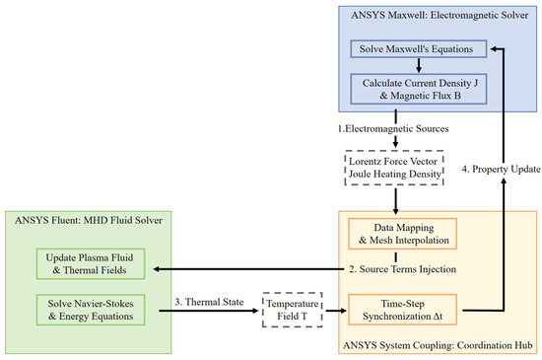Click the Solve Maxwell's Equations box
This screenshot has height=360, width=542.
[418, 48]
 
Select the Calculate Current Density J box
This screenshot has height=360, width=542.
[418, 89]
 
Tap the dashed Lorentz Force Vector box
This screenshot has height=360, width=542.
[394, 168]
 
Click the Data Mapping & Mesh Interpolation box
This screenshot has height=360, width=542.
[402, 234]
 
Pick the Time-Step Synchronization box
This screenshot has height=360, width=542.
[402, 310]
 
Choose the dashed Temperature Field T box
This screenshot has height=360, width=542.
[293, 310]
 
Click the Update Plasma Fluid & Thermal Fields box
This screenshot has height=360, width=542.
[91, 264]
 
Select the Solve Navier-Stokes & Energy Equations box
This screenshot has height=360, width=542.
[91, 310]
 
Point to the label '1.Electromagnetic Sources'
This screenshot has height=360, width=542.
[393, 128]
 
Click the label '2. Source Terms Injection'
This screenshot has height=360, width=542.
[402, 269]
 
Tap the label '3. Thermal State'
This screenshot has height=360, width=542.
[209, 302]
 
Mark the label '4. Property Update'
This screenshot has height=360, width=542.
[502, 169]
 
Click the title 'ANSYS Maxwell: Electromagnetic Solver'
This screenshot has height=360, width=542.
[440, 15]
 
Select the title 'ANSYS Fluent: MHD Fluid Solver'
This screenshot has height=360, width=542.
[89, 220]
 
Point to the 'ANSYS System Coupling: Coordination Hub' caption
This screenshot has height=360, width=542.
[438, 345]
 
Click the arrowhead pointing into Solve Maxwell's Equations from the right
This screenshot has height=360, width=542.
[495, 48]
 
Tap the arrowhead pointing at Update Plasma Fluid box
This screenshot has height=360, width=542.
[157, 269]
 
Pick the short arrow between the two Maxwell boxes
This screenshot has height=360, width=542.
[419, 65]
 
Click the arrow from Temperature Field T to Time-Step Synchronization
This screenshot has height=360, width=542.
[336, 311]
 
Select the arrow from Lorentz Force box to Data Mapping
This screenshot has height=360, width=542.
[396, 201]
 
